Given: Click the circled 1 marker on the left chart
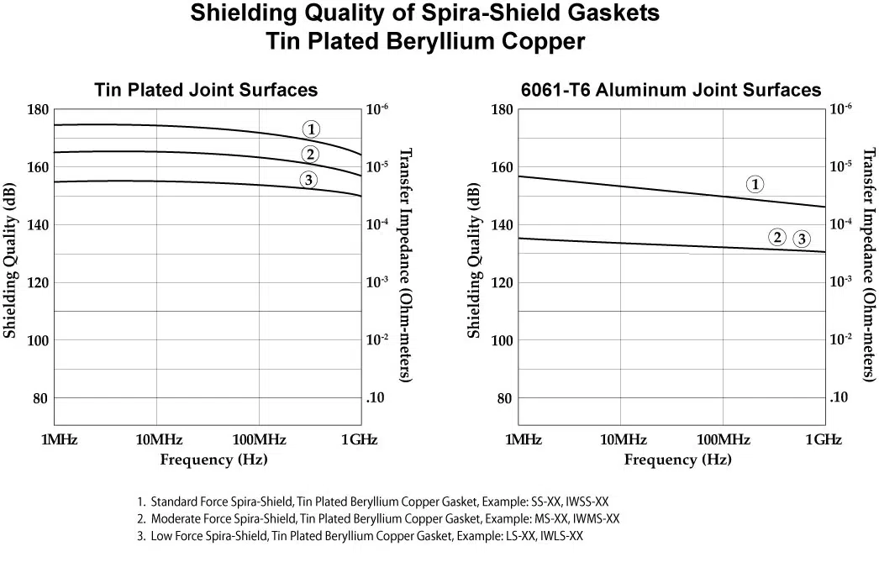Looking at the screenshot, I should pyautogui.click(x=312, y=129).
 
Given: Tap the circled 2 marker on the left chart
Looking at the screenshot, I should pyautogui.click(x=310, y=154).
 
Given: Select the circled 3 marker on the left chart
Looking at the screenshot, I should pyautogui.click(x=308, y=179).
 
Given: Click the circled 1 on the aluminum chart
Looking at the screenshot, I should pyautogui.click(x=755, y=184).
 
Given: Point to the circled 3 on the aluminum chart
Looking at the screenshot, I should pyautogui.click(x=802, y=239).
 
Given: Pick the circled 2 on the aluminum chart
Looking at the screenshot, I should pyautogui.click(x=777, y=237).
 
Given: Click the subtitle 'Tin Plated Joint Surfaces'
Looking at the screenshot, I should pyautogui.click(x=206, y=90).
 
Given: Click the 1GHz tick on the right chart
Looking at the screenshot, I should pyautogui.click(x=824, y=440).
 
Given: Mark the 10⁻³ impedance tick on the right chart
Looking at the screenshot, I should pyautogui.click(x=841, y=281).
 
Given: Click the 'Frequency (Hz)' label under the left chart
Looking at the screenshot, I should pyautogui.click(x=214, y=460).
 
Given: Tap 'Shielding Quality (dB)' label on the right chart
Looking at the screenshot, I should pyautogui.click(x=474, y=260).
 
